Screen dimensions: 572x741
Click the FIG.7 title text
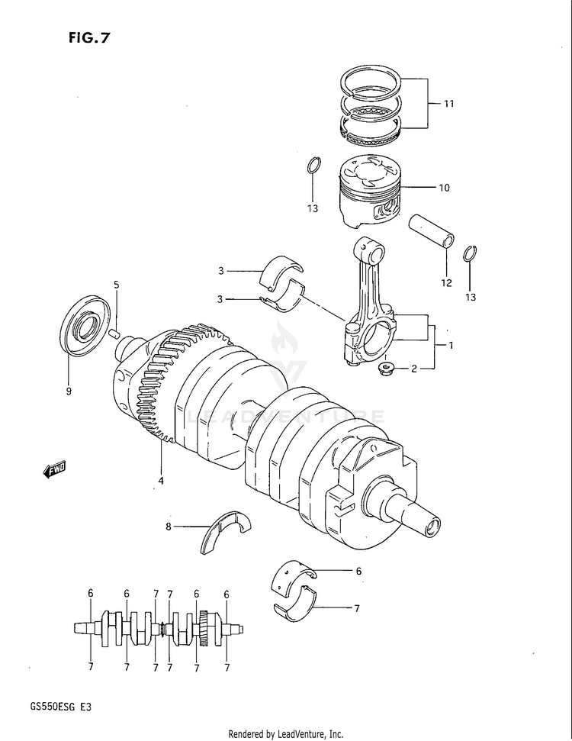pyautogui.click(x=88, y=38)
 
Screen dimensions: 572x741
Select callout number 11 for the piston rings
pyautogui.click(x=448, y=103)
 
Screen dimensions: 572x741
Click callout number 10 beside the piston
pyautogui.click(x=444, y=188)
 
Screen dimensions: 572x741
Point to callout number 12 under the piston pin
pyautogui.click(x=446, y=282)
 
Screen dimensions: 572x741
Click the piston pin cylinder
pyautogui.click(x=432, y=231)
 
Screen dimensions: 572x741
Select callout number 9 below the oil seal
pyautogui.click(x=69, y=391)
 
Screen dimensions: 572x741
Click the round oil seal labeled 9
pyautogui.click(x=86, y=324)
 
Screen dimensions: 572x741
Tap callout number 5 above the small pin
pyautogui.click(x=116, y=285)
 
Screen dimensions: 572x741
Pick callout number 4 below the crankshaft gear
pyautogui.click(x=161, y=481)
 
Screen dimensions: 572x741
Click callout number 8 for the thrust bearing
pyautogui.click(x=169, y=526)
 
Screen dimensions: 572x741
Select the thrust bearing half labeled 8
pyautogui.click(x=226, y=530)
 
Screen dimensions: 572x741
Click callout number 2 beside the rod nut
pyautogui.click(x=414, y=369)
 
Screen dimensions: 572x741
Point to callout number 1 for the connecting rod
pyautogui.click(x=451, y=346)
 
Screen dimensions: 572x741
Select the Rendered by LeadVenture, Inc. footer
pyautogui.click(x=286, y=734)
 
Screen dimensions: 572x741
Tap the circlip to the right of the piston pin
pyautogui.click(x=470, y=253)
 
